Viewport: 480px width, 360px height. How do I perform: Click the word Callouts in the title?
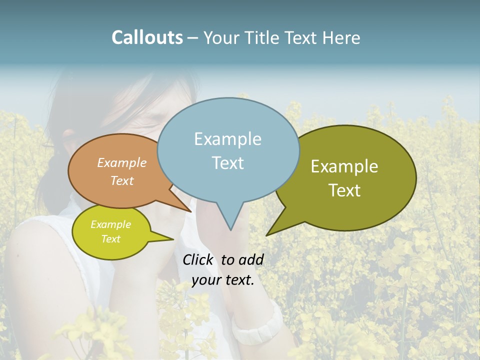coord(147,38)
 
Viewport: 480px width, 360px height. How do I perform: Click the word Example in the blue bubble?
coord(227,139)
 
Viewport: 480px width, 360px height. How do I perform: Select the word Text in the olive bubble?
coord(345,190)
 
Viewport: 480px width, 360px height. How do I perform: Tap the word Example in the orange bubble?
coord(122,162)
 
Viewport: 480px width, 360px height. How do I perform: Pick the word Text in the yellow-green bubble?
coord(111,239)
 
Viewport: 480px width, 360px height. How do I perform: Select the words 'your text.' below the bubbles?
coord(223,280)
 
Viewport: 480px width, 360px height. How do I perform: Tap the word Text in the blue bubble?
coord(227,163)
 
